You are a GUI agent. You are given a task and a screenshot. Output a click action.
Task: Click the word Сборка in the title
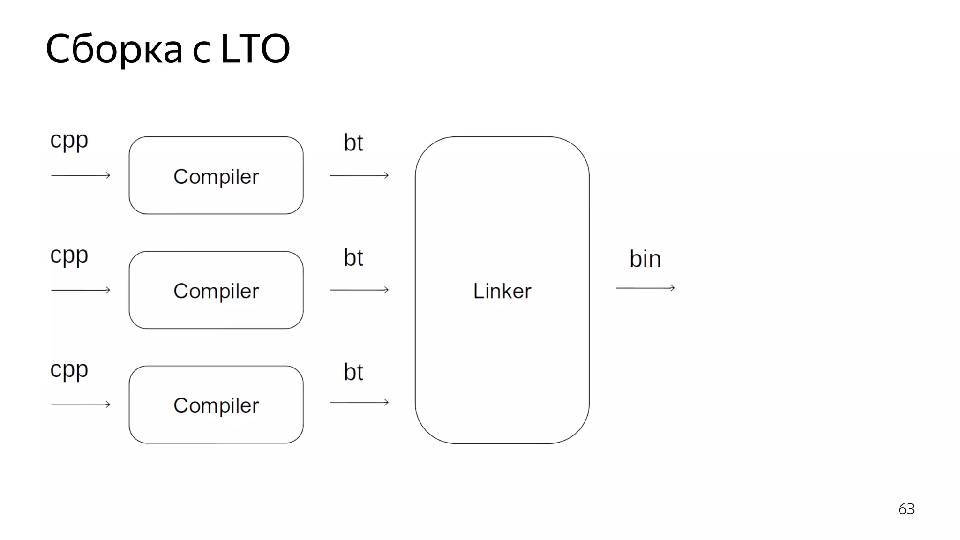(x=114, y=49)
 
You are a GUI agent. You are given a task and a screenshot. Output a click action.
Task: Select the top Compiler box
(x=216, y=176)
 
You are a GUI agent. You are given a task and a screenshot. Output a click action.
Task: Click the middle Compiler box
(x=216, y=290)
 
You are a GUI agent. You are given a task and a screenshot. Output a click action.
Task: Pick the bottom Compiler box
(x=216, y=405)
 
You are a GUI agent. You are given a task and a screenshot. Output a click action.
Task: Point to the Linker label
(x=502, y=291)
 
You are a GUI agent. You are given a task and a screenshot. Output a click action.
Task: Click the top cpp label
(x=69, y=140)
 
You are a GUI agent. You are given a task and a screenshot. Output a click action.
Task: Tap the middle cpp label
(x=69, y=255)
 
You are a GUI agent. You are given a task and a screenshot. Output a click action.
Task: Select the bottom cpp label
(x=69, y=370)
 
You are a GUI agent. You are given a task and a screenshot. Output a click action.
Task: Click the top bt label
(x=353, y=142)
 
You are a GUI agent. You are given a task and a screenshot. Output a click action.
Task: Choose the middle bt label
(x=353, y=257)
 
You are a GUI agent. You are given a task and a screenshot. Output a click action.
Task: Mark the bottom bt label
(x=353, y=372)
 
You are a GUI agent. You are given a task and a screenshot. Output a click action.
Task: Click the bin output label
(x=645, y=259)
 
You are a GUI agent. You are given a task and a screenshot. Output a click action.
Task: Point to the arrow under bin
(x=645, y=288)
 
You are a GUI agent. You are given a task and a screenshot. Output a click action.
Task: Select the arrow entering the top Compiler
(x=81, y=175)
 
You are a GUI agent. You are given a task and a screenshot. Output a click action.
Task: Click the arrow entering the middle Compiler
(x=81, y=290)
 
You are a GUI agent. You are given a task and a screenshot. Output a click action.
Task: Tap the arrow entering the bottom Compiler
(x=81, y=405)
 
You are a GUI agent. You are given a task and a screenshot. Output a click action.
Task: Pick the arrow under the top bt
(x=359, y=175)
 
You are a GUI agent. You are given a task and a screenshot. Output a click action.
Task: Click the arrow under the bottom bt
(x=359, y=402)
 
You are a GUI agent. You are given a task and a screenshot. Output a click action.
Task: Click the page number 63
(x=906, y=509)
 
